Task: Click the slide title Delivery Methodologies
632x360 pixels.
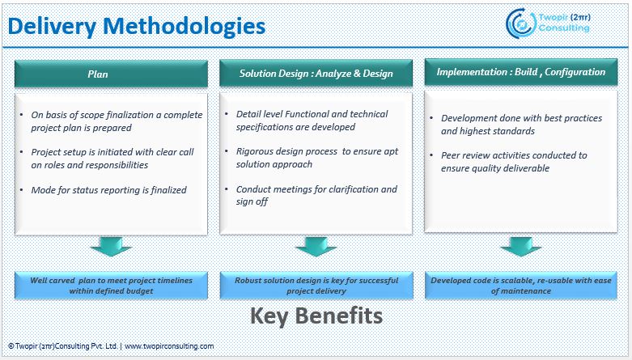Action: tap(137, 26)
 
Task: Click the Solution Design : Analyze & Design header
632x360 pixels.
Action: tap(316, 74)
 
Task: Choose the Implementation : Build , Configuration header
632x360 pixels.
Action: tap(520, 72)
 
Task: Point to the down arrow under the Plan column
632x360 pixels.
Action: tap(111, 246)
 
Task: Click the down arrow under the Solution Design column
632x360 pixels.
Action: tap(316, 246)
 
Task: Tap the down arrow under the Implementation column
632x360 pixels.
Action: tap(520, 246)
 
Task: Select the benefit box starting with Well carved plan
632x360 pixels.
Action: tap(111, 285)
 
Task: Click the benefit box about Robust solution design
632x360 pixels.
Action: tap(316, 285)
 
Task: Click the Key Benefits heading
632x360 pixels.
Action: tap(316, 315)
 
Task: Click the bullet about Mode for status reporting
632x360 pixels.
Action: tap(109, 190)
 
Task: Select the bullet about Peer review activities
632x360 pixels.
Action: tap(514, 161)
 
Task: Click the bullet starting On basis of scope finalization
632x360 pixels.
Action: tap(116, 121)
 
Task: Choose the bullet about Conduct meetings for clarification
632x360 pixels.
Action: tap(316, 195)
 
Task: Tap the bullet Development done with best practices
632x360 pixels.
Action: tap(521, 124)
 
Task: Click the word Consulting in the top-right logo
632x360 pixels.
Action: tap(567, 28)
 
